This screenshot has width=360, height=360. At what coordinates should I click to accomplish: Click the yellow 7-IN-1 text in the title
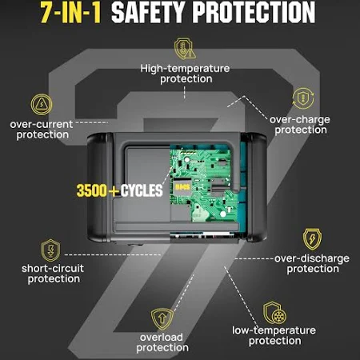pyautogui.click(x=71, y=12)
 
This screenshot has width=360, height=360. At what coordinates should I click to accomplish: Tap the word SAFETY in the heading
pyautogui.click(x=148, y=12)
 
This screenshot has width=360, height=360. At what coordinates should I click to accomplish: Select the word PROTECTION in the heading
pyautogui.click(x=254, y=12)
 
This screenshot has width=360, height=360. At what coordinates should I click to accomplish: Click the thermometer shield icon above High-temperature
pyautogui.click(x=185, y=48)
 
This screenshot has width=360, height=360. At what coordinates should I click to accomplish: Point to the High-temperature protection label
pyautogui.click(x=185, y=74)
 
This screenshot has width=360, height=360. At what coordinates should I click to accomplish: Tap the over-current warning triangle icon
pyautogui.click(x=42, y=104)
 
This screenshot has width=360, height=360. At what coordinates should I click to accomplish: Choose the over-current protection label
pyautogui.click(x=42, y=130)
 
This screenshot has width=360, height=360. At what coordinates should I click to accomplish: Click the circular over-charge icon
pyautogui.click(x=303, y=98)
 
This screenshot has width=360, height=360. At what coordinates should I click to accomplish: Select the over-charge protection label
pyautogui.click(x=300, y=125)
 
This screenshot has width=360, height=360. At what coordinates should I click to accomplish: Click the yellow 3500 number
pyautogui.click(x=92, y=190)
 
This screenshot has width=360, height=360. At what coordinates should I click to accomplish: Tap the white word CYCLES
pyautogui.click(x=142, y=190)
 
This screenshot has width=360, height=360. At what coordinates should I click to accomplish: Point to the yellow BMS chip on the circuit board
pyautogui.click(x=182, y=187)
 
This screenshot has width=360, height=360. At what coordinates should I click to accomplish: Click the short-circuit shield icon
pyautogui.click(x=50, y=250)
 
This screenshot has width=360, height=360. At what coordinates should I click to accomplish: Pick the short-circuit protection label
pyautogui.click(x=53, y=274)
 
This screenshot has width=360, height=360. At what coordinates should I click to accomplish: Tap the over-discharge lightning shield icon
pyautogui.click(x=312, y=239)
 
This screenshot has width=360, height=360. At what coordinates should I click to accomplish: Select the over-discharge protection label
pyautogui.click(x=312, y=263)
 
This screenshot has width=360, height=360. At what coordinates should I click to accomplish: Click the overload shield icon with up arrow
pyautogui.click(x=162, y=319)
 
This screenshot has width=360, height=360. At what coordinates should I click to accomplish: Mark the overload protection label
pyautogui.click(x=162, y=342)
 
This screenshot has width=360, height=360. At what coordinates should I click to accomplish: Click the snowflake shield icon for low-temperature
pyautogui.click(x=274, y=313)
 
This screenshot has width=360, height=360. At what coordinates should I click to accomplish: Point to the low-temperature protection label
pyautogui.click(x=274, y=335)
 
